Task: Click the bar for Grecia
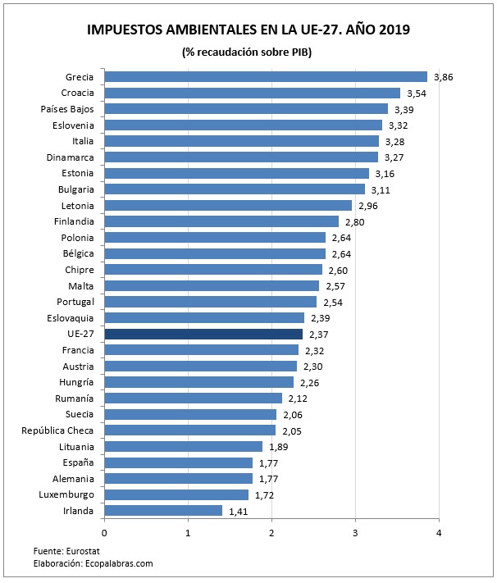266,77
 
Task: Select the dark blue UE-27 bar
203,335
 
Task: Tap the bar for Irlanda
164,511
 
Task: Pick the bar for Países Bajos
246,109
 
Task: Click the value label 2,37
321,335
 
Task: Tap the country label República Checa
57,430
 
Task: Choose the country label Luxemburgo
66,494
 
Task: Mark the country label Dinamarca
70,157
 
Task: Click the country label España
78,462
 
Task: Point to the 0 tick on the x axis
105,533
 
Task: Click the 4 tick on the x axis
439,533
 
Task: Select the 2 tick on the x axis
271,533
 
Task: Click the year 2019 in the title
391,30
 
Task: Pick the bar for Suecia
190,415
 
